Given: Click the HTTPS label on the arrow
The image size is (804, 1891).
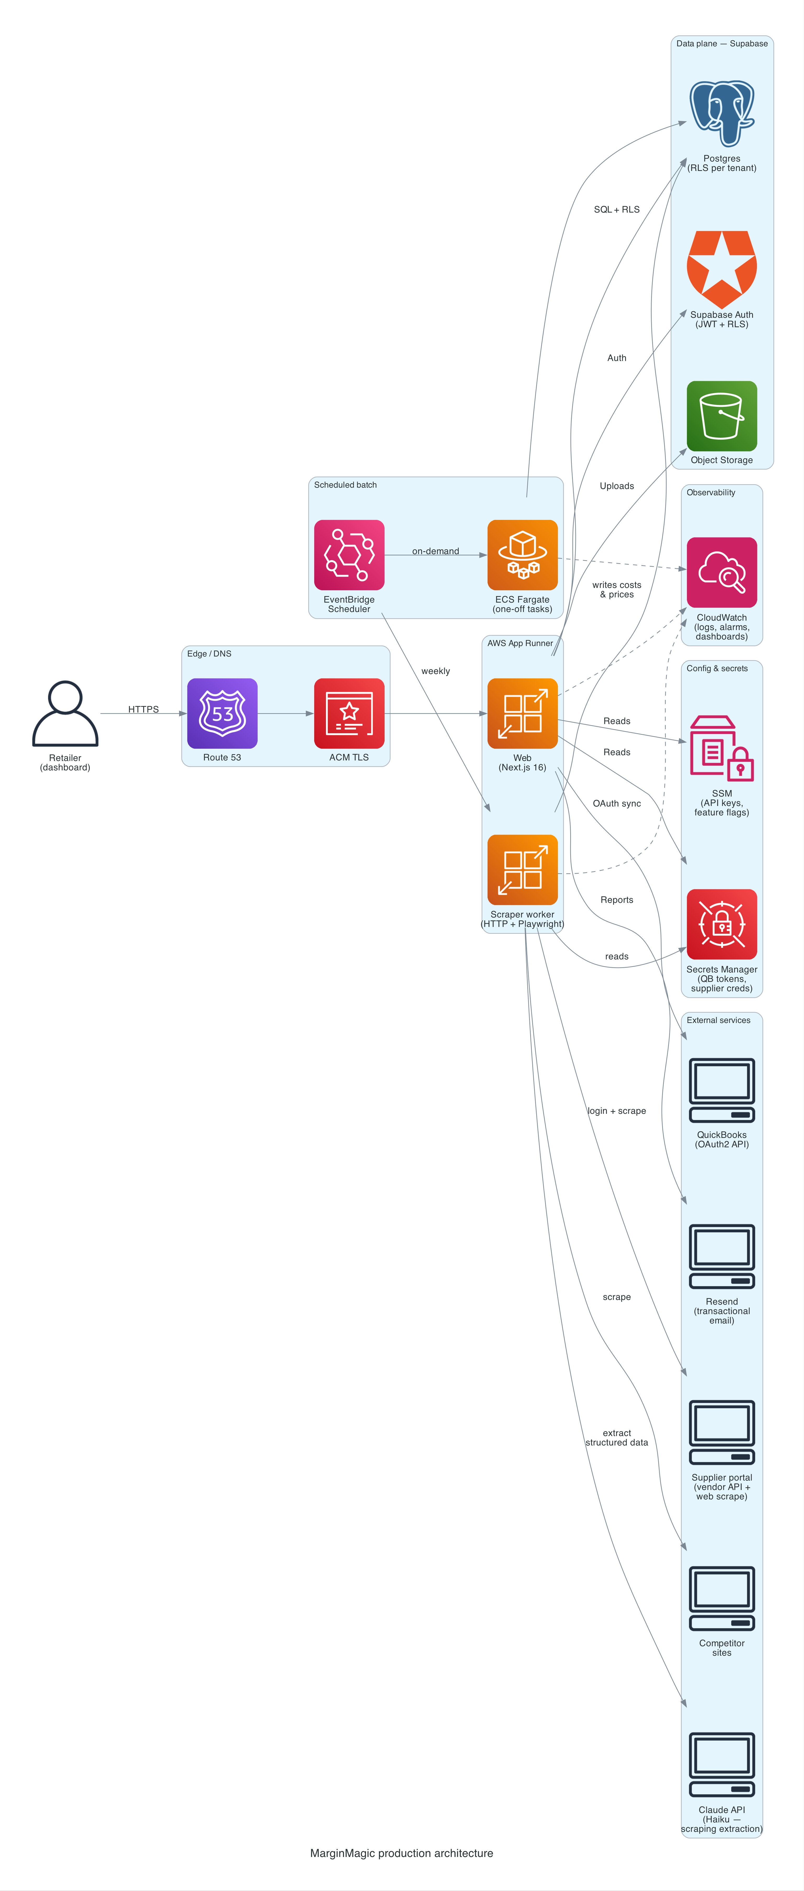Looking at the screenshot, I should (x=143, y=709).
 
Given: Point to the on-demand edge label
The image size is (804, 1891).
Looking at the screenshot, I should (x=435, y=550).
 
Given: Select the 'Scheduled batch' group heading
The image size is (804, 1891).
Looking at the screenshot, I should (x=345, y=485).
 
